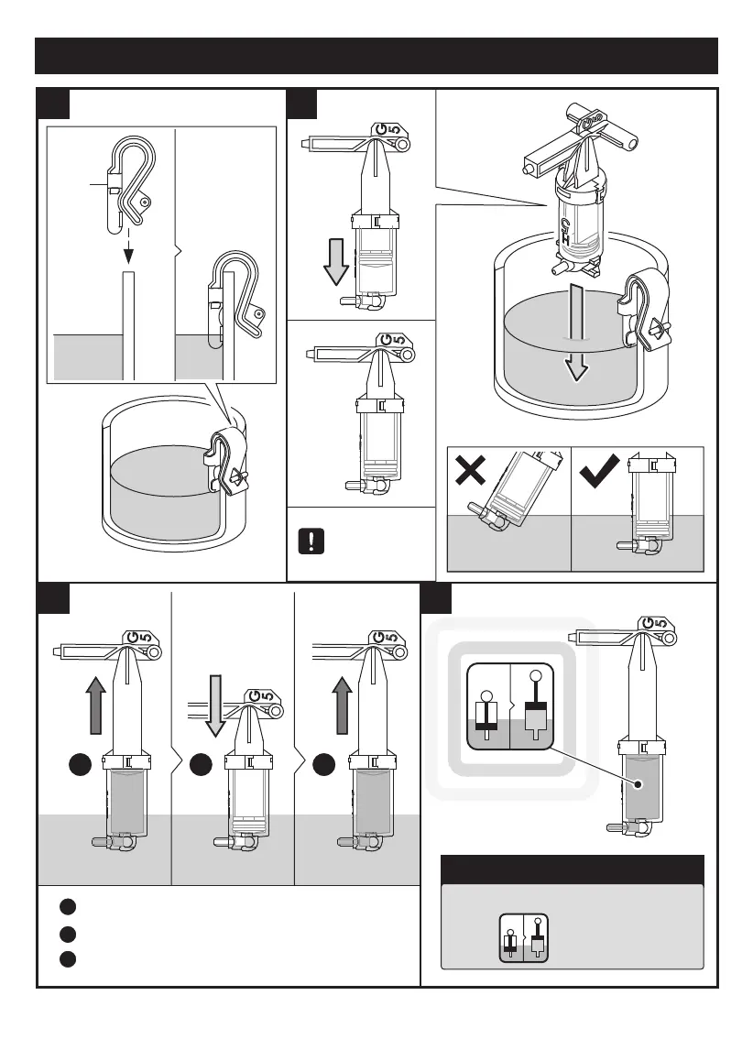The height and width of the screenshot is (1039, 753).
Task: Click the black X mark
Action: click(x=470, y=474)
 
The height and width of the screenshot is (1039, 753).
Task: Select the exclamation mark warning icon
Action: click(x=311, y=540)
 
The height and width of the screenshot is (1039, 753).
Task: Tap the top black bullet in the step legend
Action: click(x=67, y=907)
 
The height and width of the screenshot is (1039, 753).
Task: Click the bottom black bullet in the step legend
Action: click(x=67, y=959)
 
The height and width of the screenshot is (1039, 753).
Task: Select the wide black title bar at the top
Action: click(x=376, y=56)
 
